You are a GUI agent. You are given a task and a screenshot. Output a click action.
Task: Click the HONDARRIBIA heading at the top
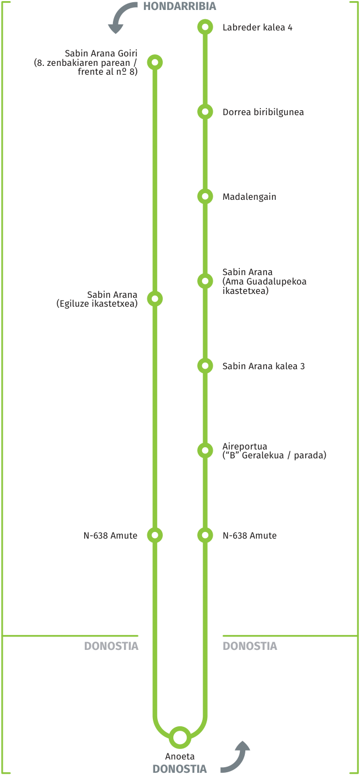(179, 6)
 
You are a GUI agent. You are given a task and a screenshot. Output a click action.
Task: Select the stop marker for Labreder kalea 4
(205, 27)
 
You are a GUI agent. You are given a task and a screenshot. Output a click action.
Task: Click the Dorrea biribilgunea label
(263, 112)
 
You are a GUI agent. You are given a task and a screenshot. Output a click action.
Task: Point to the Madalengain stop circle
(205, 197)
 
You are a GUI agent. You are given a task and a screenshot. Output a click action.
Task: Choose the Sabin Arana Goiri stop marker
(155, 62)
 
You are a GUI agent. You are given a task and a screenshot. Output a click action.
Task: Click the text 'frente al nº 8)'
(107, 71)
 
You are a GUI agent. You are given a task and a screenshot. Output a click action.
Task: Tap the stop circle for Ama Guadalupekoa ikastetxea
(205, 281)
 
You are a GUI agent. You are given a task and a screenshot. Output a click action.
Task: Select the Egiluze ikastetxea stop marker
(155, 298)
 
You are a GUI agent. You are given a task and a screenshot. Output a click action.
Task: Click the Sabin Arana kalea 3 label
(264, 366)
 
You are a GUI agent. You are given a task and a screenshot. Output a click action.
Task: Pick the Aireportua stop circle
(205, 451)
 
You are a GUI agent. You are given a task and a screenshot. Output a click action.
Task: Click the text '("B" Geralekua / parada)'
(274, 455)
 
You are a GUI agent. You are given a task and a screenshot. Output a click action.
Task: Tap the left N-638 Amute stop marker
(155, 535)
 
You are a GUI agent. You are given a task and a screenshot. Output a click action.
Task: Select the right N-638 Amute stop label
(250, 536)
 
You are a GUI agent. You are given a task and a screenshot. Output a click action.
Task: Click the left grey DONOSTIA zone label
(111, 646)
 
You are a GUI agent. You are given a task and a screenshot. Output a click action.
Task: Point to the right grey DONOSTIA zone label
(250, 646)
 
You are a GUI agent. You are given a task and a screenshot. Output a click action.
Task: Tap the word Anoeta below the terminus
(179, 756)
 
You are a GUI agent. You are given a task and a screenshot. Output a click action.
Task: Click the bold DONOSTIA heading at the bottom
(179, 769)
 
